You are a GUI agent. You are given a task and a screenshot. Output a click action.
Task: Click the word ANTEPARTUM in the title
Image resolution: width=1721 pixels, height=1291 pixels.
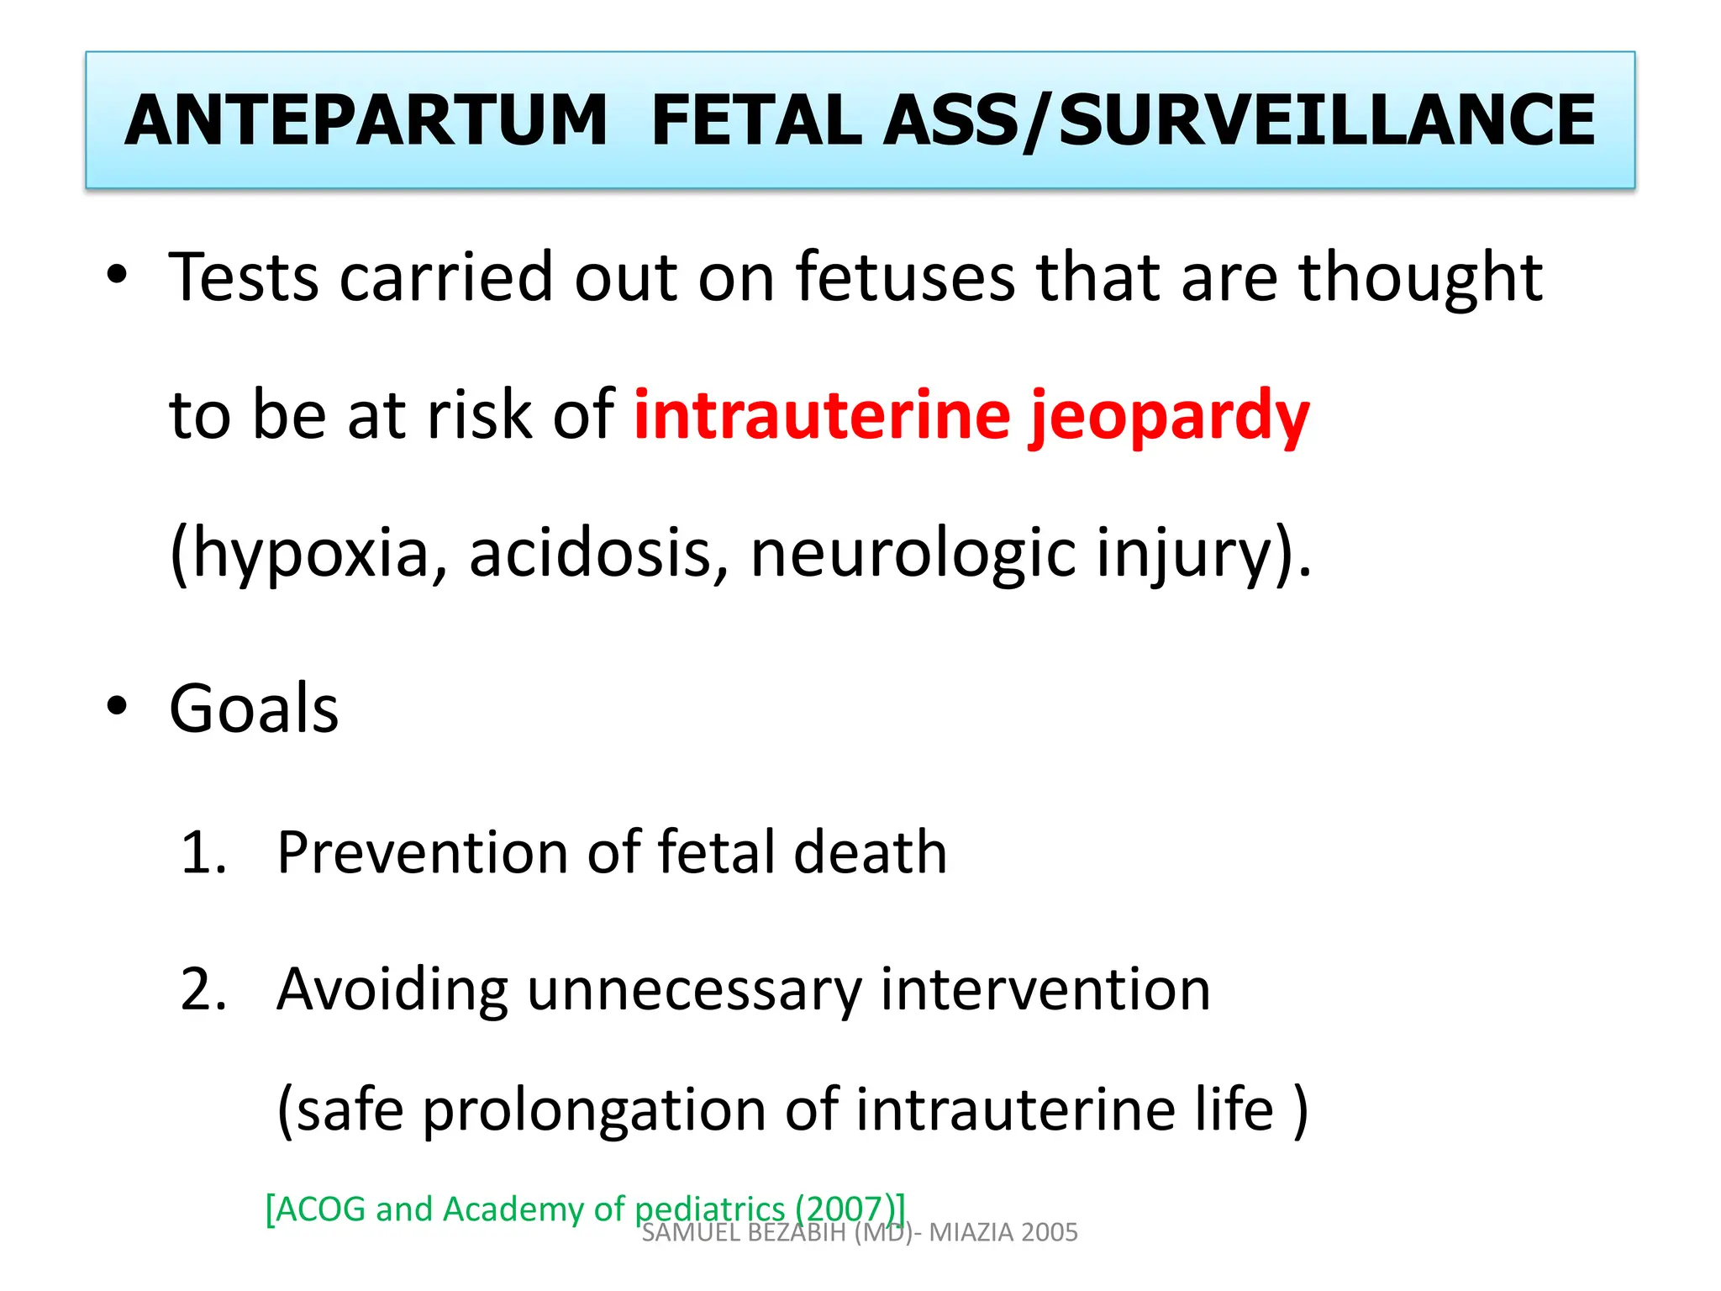pos(366,120)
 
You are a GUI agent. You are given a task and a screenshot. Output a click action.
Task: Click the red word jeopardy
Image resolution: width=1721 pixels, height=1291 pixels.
pos(1170,416)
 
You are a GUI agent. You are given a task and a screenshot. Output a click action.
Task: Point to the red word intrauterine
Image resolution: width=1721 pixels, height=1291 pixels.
pos(822,414)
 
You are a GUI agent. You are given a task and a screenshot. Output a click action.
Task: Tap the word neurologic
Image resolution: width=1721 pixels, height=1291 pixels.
pos(913,554)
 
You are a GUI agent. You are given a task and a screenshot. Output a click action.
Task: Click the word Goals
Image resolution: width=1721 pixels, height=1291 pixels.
pos(254,709)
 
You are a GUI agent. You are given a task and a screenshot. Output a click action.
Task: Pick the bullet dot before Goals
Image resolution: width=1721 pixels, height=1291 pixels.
pos(117,706)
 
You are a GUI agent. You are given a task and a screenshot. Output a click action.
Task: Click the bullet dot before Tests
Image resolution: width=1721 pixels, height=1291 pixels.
pos(117,274)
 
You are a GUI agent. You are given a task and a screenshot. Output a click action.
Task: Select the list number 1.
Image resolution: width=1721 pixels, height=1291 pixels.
pos(203,853)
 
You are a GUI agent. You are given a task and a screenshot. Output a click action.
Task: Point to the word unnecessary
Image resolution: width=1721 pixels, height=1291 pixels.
pos(694,990)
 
